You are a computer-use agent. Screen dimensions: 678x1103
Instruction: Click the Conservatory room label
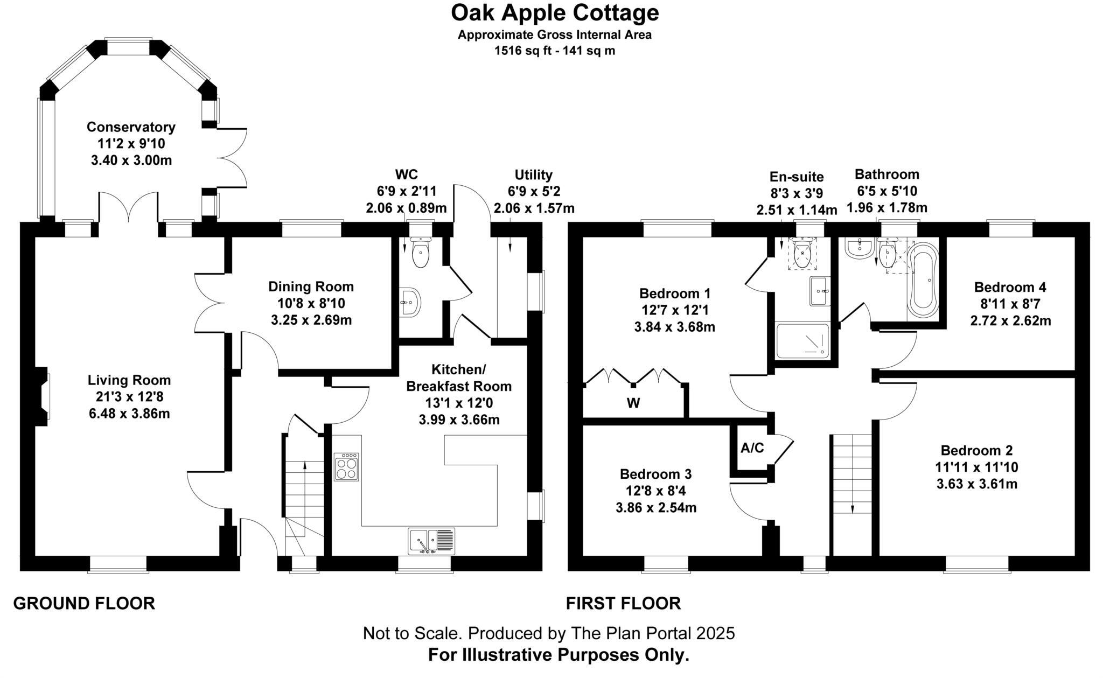click(131, 127)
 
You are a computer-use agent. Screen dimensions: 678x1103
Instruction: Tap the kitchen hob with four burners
click(347, 466)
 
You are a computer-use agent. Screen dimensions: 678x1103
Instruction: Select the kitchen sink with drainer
click(431, 541)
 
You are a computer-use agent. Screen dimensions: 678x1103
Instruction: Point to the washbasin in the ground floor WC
click(410, 303)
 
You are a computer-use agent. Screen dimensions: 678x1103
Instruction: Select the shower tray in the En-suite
click(802, 340)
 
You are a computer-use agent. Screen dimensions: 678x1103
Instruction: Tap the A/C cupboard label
click(752, 448)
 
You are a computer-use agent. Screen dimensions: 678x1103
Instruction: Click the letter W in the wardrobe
click(633, 403)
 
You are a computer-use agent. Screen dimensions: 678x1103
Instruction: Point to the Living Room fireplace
click(43, 396)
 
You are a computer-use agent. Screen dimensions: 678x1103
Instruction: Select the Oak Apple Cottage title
click(555, 13)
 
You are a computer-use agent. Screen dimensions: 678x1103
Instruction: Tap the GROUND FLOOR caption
click(84, 603)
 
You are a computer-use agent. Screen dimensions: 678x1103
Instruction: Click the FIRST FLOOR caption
click(623, 603)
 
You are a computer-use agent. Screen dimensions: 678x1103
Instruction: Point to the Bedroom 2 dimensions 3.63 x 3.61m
click(976, 484)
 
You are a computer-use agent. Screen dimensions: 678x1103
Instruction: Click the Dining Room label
click(311, 286)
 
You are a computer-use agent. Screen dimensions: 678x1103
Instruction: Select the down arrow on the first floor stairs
click(853, 506)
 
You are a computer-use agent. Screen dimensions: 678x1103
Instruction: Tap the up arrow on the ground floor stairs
click(305, 466)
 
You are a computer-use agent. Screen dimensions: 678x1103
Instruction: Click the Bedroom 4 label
click(1010, 286)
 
